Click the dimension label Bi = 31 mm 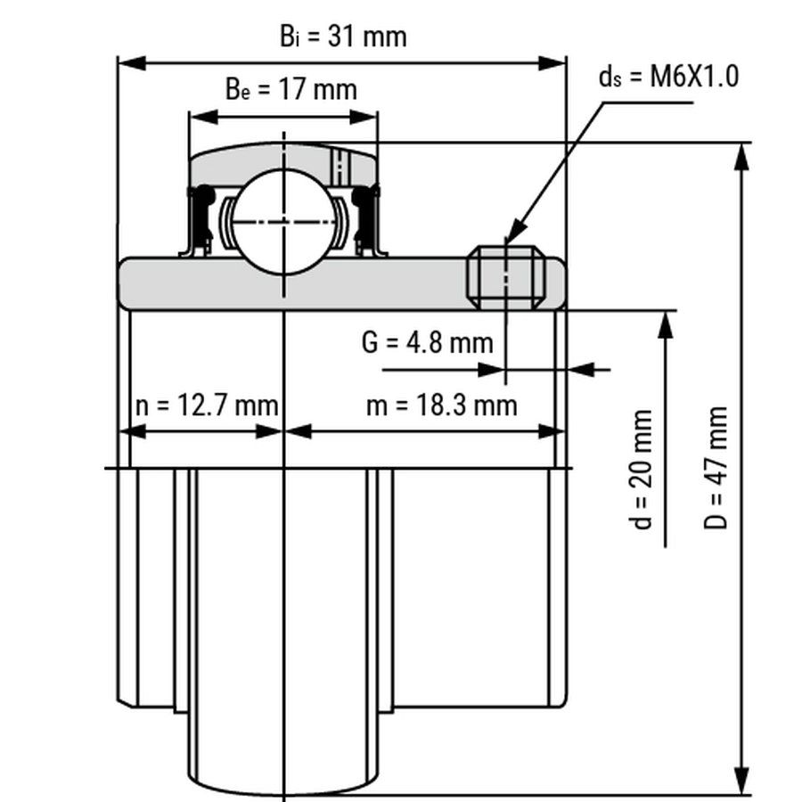click(343, 37)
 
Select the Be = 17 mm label click(291, 89)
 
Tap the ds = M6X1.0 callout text click(668, 77)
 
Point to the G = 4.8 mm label click(427, 342)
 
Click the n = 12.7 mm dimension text click(207, 405)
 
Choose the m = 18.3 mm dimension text click(442, 405)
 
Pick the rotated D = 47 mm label click(715, 468)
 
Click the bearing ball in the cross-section click(284, 222)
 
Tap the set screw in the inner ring click(506, 277)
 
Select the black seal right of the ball click(366, 219)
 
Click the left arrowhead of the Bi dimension click(132, 63)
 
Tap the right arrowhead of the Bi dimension click(552, 63)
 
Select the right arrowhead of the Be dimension click(364, 117)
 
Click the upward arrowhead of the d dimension click(665, 324)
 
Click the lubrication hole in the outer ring click(340, 167)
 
